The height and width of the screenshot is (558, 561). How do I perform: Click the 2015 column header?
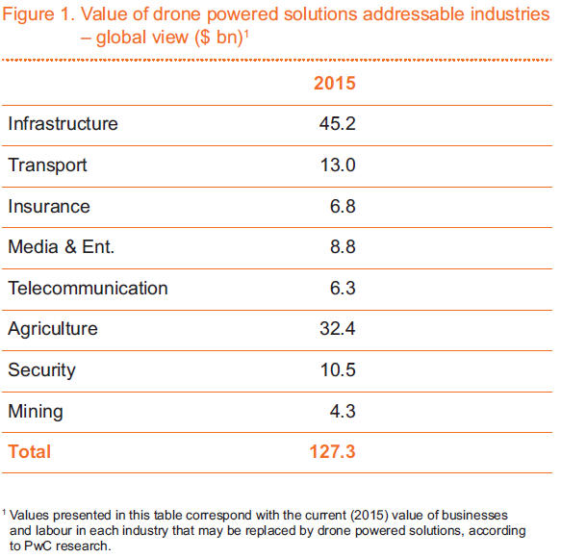pyautogui.click(x=335, y=83)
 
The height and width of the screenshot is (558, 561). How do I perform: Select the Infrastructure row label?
pyautogui.click(x=63, y=124)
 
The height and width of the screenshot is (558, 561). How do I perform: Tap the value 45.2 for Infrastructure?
pyautogui.click(x=338, y=124)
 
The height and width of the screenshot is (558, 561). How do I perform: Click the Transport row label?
pyautogui.click(x=47, y=165)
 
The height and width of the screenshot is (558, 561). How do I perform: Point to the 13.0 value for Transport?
pyautogui.click(x=338, y=165)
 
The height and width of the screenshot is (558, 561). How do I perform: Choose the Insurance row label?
pyautogui.click(x=49, y=207)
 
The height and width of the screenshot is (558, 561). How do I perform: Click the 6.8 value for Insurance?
pyautogui.click(x=343, y=207)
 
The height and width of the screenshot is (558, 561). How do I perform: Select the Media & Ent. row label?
pyautogui.click(x=62, y=247)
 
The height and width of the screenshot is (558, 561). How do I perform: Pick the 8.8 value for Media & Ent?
pyautogui.click(x=343, y=247)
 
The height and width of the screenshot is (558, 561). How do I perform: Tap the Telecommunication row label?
pyautogui.click(x=88, y=289)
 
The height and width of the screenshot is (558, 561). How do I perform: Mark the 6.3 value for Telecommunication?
pyautogui.click(x=343, y=289)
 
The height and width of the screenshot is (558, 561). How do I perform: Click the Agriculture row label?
pyautogui.click(x=53, y=329)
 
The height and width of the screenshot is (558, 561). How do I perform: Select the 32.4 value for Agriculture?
pyautogui.click(x=338, y=329)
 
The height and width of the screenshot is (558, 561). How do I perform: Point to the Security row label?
pyautogui.click(x=42, y=370)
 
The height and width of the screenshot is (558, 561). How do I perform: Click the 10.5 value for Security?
pyautogui.click(x=338, y=369)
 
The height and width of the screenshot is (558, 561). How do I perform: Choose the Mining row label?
pyautogui.click(x=36, y=412)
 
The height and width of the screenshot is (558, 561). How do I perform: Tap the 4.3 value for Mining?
pyautogui.click(x=343, y=412)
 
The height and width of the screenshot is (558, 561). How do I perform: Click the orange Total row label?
pyautogui.click(x=29, y=452)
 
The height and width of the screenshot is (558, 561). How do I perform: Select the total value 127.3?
pyautogui.click(x=332, y=452)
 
